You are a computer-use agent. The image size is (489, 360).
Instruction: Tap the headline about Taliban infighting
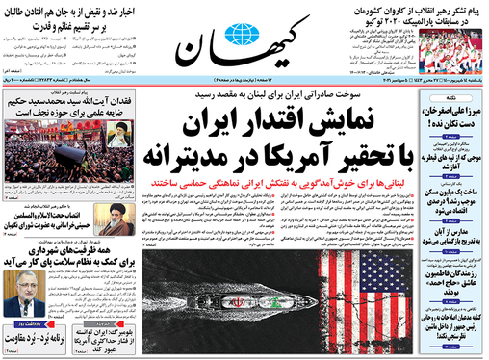[66, 15]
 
